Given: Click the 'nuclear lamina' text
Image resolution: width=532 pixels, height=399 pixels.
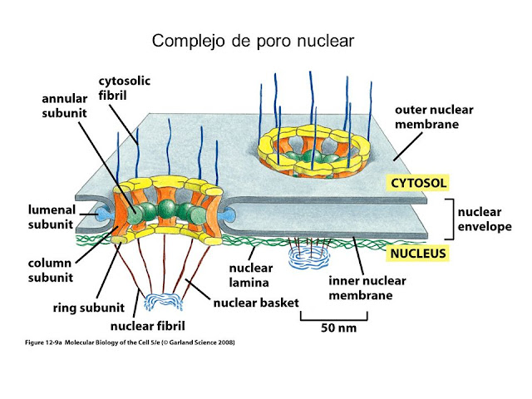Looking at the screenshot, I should (x=250, y=276).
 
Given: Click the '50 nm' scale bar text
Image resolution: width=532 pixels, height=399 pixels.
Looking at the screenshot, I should (x=340, y=327).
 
